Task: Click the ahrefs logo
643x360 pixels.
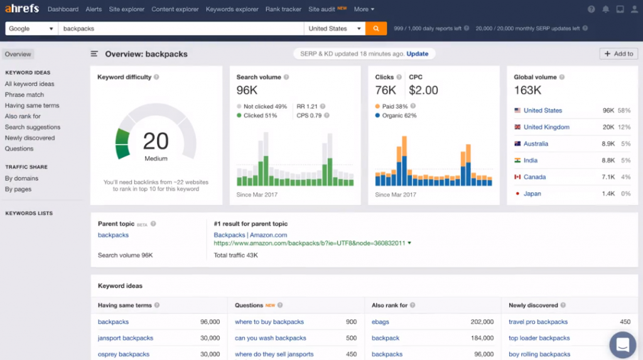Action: click(x=22, y=9)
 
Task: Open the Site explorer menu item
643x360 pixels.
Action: click(x=126, y=9)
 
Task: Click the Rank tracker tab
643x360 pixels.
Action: click(x=283, y=9)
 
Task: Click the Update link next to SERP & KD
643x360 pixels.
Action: click(x=418, y=54)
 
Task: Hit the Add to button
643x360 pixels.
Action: click(x=619, y=54)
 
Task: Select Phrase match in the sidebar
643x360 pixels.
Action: click(x=24, y=95)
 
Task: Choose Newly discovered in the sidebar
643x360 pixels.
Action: click(x=30, y=138)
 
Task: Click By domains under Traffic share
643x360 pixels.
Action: click(x=21, y=178)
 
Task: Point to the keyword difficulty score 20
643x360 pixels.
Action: click(x=156, y=141)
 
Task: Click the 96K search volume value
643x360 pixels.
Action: click(x=247, y=90)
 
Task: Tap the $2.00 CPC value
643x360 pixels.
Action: click(x=423, y=90)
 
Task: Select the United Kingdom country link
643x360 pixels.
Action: click(x=546, y=128)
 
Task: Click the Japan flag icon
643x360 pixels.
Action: click(x=517, y=194)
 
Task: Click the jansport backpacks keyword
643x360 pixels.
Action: click(x=126, y=339)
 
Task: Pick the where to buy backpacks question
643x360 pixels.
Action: click(x=269, y=322)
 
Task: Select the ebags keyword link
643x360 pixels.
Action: click(x=381, y=322)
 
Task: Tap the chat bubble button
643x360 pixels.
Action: click(x=622, y=344)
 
